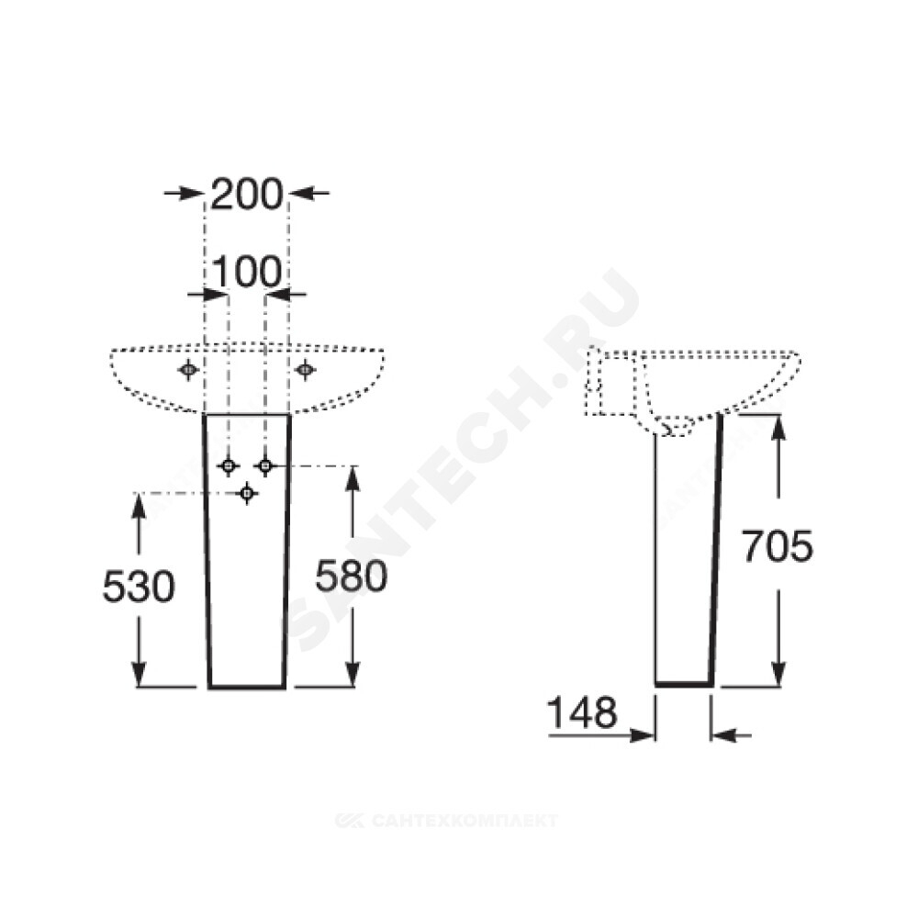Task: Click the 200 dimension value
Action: (246, 195)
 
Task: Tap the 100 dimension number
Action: (246, 272)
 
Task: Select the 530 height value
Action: (139, 586)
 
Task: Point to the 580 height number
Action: (352, 576)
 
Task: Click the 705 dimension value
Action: (778, 546)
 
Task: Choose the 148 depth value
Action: (583, 712)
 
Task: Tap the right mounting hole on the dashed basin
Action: (305, 369)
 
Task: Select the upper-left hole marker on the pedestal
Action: (229, 466)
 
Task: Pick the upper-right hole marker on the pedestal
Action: (265, 466)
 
